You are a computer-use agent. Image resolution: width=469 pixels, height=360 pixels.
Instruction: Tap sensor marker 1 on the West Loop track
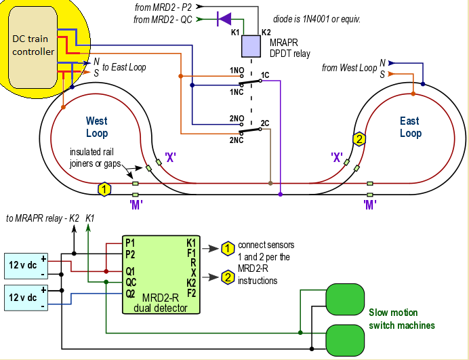[104, 188]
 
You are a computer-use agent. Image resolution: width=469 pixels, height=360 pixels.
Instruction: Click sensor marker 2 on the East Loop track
[359, 139]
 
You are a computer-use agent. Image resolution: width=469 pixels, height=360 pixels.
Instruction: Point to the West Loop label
[97, 127]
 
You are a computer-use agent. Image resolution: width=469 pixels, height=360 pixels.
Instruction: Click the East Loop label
[410, 127]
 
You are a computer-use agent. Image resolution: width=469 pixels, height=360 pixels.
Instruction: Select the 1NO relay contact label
[237, 71]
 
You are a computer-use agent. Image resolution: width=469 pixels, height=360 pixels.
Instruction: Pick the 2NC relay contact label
[237, 140]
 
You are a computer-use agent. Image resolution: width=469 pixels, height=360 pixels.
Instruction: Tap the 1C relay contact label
[265, 75]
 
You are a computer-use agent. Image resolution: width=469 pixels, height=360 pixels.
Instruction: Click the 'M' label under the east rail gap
[370, 203]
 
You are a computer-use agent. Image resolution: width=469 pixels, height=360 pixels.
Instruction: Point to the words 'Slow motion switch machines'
[401, 319]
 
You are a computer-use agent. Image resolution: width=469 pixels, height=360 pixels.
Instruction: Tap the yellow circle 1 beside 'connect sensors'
[228, 248]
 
